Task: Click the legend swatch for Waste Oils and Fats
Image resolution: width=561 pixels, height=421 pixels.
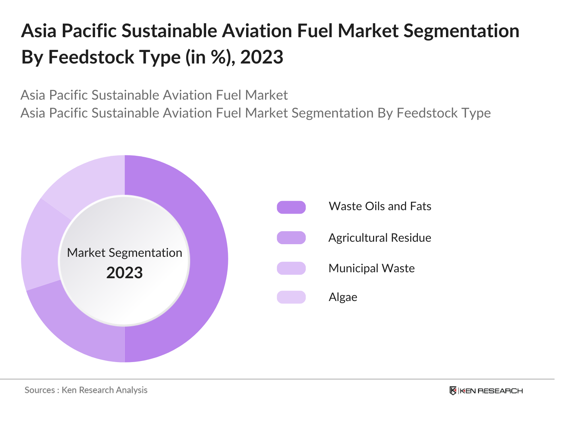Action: [291, 207]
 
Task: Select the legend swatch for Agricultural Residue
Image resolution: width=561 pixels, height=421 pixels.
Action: [291, 238]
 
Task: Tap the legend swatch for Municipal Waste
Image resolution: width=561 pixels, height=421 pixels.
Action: [291, 268]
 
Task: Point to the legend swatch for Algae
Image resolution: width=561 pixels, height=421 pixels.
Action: [291, 297]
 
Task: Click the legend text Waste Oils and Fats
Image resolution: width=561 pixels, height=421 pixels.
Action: [380, 206]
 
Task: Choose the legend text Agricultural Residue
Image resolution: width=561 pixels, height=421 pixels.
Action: [380, 238]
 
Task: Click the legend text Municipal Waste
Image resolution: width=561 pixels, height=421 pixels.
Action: [371, 268]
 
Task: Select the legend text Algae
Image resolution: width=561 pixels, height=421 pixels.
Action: [343, 298]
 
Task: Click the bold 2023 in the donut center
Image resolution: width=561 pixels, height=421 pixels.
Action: [124, 273]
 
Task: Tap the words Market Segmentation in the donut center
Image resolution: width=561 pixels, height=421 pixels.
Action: [124, 253]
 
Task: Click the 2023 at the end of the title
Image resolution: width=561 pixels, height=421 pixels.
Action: [262, 57]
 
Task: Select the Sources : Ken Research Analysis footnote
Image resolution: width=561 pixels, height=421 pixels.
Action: [86, 390]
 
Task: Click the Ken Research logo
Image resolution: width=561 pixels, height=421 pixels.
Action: [486, 391]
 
